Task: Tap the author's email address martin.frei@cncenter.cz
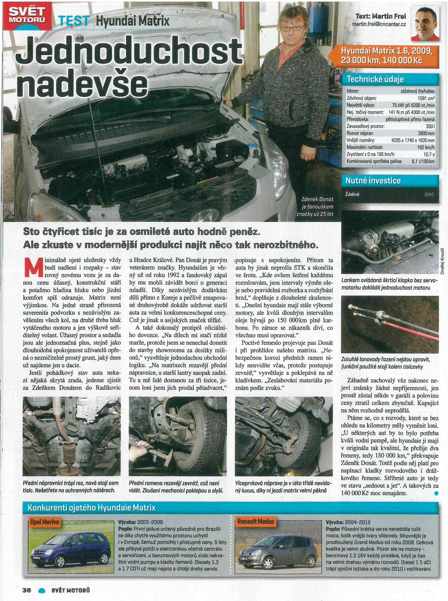point(378,24)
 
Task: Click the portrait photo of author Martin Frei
point(425,24)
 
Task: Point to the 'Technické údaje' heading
point(375,79)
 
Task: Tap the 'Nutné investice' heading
point(373,181)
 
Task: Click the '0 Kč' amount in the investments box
point(430,195)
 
